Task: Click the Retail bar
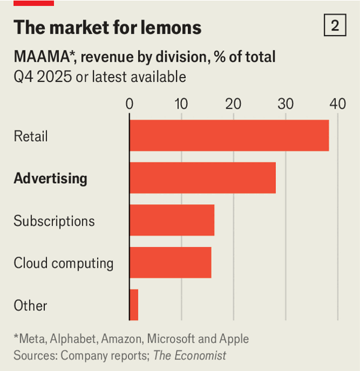tap(229, 136)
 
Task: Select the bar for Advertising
tap(203, 178)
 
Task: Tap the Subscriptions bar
tap(172, 220)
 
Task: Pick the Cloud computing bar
tap(170, 262)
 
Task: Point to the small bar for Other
tap(134, 305)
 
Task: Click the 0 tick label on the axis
tap(130, 103)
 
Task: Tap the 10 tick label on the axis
tap(182, 103)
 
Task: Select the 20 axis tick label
tap(234, 103)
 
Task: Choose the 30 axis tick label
tap(286, 103)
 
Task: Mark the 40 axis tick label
tap(338, 103)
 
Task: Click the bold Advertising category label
tap(50, 178)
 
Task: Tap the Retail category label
tap(31, 136)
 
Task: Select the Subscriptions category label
tap(54, 221)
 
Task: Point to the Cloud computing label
tap(64, 263)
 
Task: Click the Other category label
tap(30, 306)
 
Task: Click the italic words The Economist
tap(190, 355)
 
